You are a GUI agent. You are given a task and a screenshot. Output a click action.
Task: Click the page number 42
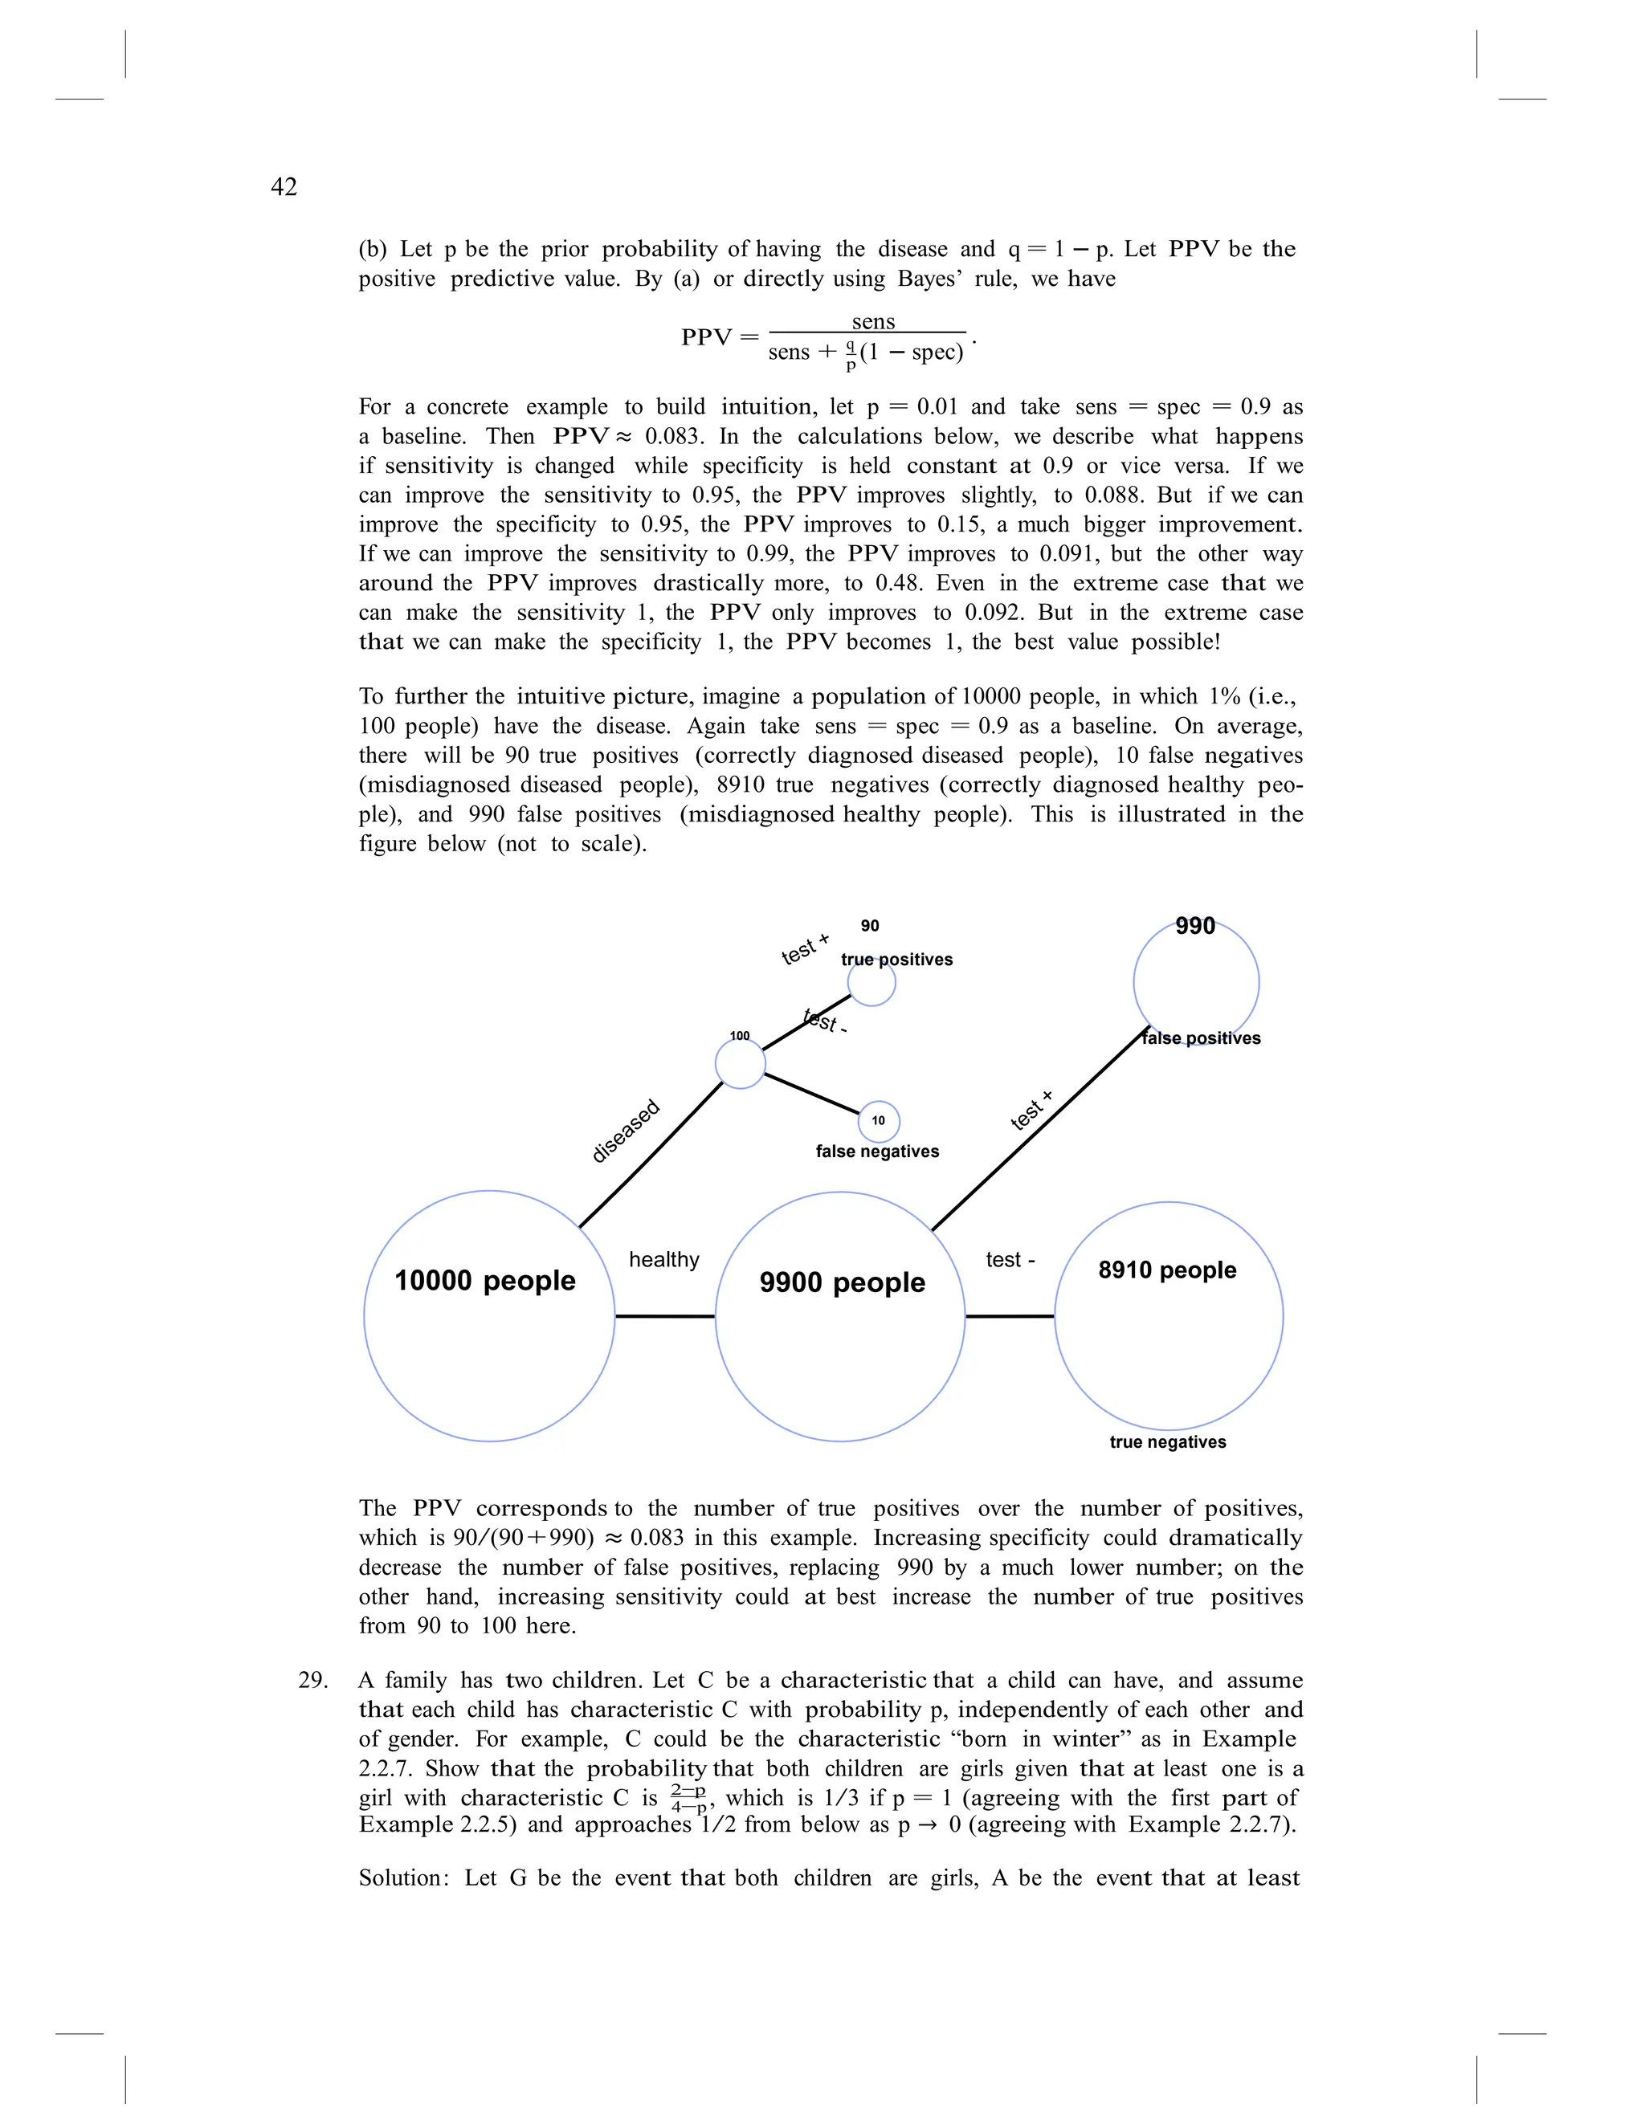[x=284, y=187]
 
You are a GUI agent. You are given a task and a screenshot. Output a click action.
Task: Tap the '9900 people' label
[x=842, y=1282]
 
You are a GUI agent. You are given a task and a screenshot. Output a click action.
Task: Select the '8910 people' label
[x=1166, y=1270]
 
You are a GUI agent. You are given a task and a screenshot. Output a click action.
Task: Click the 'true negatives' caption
[x=1167, y=1442]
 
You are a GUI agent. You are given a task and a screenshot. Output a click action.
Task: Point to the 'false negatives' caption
[x=877, y=1151]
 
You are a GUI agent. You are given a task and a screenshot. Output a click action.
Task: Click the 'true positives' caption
[x=896, y=959]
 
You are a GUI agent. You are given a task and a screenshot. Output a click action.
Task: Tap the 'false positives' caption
[x=1201, y=1038]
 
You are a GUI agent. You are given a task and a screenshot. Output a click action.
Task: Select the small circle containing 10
[x=878, y=1120]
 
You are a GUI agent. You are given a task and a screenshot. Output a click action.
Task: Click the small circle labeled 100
[x=740, y=1064]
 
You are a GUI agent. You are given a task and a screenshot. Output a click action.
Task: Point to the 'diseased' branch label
[x=626, y=1131]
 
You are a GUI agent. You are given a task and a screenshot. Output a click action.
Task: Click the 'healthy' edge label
[x=663, y=1260]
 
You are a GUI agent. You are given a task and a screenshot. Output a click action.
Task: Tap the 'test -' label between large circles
[x=1010, y=1260]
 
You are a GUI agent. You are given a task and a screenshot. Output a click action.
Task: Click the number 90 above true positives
[x=869, y=926]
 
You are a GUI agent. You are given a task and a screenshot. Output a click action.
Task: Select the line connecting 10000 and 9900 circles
[x=664, y=1316]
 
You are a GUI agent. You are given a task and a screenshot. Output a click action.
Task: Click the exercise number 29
[x=312, y=1680]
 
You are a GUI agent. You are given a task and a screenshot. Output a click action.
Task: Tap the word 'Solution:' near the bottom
[x=403, y=1877]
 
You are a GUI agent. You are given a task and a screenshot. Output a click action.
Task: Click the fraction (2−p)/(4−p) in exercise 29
[x=688, y=1799]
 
